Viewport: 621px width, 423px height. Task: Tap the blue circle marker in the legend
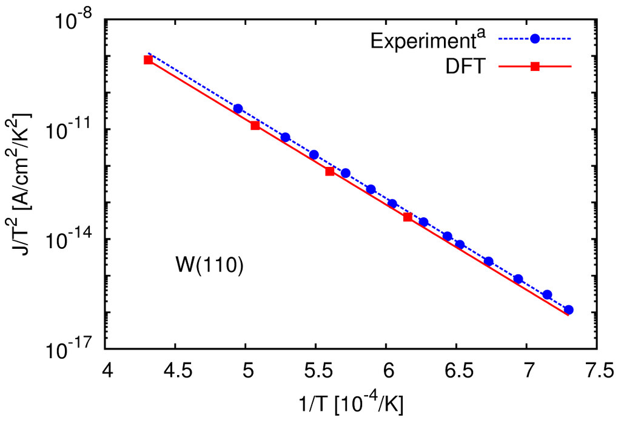[x=535, y=39]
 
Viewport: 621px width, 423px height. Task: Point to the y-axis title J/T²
[x=23, y=185]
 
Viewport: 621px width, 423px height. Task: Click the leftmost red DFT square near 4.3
[x=148, y=59]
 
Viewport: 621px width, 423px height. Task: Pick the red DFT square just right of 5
[x=255, y=125]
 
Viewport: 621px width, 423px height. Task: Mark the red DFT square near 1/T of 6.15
[x=408, y=217]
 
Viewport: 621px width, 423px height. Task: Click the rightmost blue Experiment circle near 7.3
[x=568, y=310]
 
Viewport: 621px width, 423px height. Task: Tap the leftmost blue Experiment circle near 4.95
[x=238, y=108]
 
